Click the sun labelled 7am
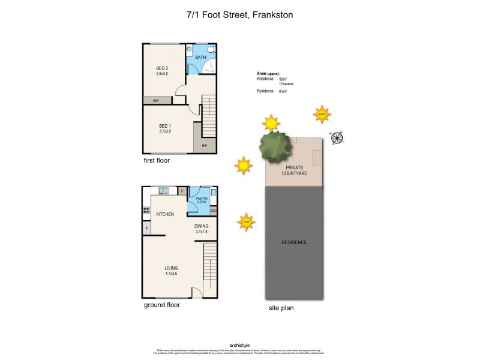click(x=322, y=114)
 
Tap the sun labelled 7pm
click(x=245, y=221)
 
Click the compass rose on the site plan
click(x=337, y=139)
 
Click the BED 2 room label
click(x=162, y=68)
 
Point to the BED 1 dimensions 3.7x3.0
click(x=164, y=131)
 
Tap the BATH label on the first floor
click(x=200, y=58)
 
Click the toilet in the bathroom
click(x=211, y=50)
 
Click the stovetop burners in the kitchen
click(x=146, y=211)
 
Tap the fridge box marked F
click(x=146, y=229)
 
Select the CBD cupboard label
click(x=213, y=211)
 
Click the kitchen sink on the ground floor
click(x=163, y=191)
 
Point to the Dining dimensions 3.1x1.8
click(x=201, y=232)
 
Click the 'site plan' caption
click(x=281, y=308)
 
